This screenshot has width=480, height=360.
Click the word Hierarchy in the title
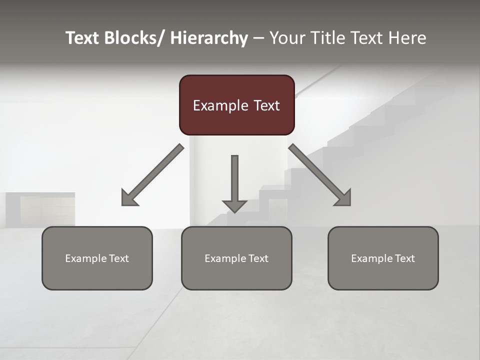208,38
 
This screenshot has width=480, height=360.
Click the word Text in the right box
403,258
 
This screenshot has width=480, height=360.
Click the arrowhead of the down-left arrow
129,198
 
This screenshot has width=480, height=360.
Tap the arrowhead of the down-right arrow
343,198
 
